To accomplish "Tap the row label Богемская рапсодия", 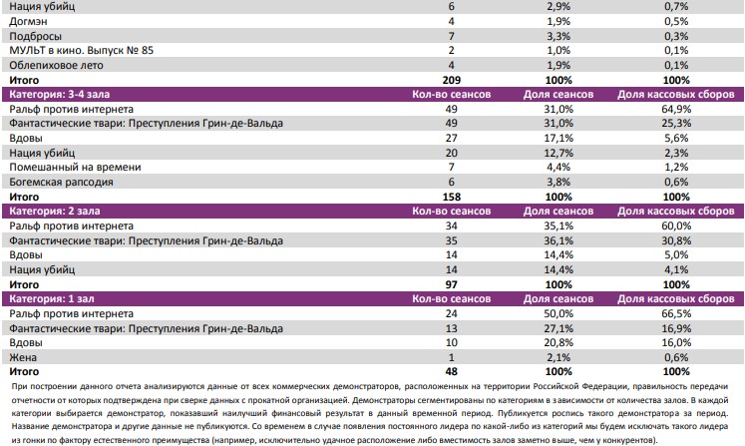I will (x=61, y=183).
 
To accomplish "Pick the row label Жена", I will (x=21, y=358).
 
